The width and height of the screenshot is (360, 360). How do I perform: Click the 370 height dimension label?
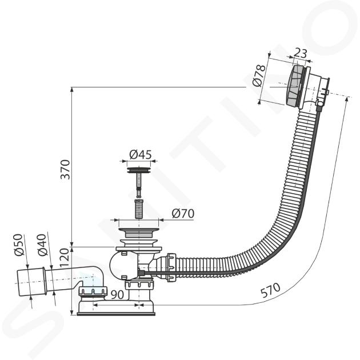(65, 170)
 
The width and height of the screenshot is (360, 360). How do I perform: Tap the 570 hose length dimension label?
(270, 290)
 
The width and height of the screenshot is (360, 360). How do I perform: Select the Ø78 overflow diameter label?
(259, 75)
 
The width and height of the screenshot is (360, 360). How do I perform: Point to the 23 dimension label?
(301, 53)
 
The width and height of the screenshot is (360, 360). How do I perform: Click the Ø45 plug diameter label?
(141, 154)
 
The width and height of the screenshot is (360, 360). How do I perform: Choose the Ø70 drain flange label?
(183, 214)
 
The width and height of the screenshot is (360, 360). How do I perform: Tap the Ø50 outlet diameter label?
(19, 245)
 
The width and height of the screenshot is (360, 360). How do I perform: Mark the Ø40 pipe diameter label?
(42, 245)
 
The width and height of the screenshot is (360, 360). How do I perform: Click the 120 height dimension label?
(65, 258)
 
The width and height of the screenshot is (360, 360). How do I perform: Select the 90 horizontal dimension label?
(117, 294)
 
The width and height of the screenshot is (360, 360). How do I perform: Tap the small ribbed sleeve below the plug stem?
(138, 209)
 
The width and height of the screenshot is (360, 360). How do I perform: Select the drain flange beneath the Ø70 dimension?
(139, 233)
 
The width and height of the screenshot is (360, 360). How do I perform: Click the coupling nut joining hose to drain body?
(171, 267)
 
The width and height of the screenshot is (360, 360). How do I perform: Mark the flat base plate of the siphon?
(116, 314)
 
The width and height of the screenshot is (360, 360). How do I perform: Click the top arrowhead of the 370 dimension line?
(72, 90)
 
